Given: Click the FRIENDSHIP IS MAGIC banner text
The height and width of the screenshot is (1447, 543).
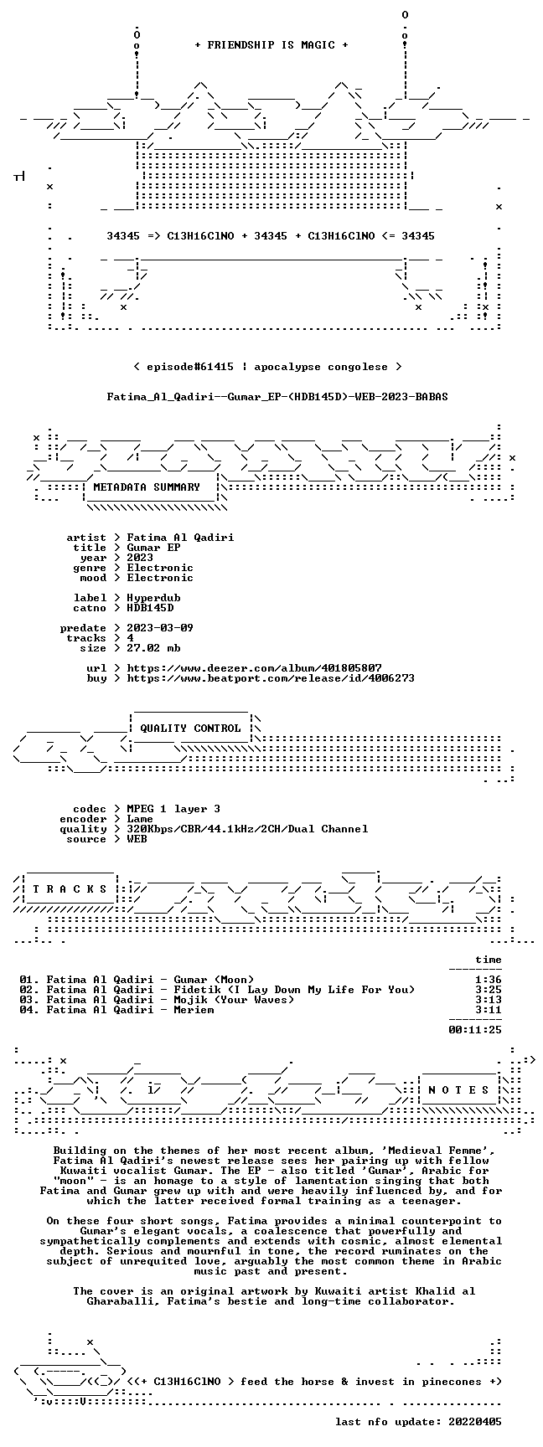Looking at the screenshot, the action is click(271, 45).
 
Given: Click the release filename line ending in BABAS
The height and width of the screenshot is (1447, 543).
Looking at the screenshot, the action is click(277, 397).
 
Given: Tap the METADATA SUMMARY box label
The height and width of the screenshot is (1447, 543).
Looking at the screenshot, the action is click(147, 487).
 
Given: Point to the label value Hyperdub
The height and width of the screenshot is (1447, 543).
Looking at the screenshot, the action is click(153, 598).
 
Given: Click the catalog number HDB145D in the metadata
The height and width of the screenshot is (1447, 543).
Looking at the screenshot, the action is click(150, 608).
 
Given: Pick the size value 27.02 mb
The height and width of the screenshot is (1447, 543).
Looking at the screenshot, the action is click(153, 648).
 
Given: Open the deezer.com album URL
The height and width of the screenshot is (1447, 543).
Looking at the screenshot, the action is click(254, 668).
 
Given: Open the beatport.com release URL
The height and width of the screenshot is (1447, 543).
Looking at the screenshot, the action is click(271, 678).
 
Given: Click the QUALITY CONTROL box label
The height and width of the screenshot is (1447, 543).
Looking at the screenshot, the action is click(190, 729).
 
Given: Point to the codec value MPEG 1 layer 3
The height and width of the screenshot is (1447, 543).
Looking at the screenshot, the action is click(173, 809).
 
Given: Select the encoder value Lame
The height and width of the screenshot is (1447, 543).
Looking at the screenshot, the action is click(140, 819).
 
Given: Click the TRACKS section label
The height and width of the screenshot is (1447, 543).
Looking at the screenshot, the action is click(70, 889).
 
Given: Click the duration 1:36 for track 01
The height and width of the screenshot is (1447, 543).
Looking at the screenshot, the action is click(489, 980).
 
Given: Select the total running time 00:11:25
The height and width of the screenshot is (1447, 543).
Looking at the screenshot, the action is click(475, 1030).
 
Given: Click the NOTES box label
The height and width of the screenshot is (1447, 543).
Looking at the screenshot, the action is click(458, 1090).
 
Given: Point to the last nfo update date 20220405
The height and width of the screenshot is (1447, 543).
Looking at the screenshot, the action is click(475, 1422).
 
